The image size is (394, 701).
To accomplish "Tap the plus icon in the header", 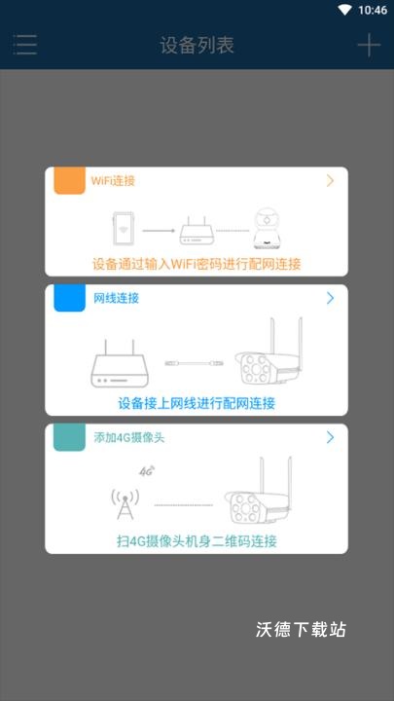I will (x=368, y=45).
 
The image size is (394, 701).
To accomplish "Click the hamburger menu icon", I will (x=25, y=45).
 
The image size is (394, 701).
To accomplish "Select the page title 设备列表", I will (x=197, y=45).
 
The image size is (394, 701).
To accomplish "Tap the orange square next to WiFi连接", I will (x=69, y=181).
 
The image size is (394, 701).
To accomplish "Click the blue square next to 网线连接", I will (x=69, y=298).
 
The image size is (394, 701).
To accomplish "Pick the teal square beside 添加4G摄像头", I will (x=69, y=437).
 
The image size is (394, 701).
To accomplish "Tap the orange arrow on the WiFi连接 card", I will (x=331, y=181).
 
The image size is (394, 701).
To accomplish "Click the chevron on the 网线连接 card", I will (x=331, y=298).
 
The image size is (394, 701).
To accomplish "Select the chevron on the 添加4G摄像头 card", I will (x=331, y=437).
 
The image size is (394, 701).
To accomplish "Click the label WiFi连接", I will (x=113, y=181).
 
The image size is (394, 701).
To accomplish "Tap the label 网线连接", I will (x=116, y=298).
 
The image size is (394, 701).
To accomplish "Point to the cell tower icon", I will (x=125, y=500).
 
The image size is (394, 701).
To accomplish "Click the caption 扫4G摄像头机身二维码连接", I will (x=197, y=541).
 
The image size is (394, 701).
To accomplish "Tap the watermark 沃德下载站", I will (x=301, y=630).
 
